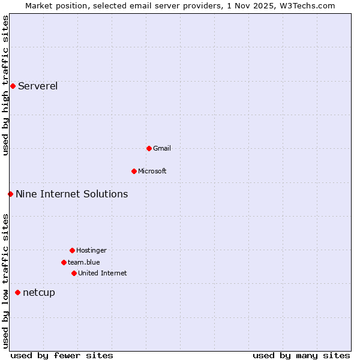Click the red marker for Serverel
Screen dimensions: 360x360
click(13, 86)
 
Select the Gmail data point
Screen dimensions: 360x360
click(149, 148)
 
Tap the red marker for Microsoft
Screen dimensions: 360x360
click(134, 171)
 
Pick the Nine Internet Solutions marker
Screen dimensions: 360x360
click(10, 194)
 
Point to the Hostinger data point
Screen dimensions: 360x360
click(72, 250)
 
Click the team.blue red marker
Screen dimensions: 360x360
click(64, 262)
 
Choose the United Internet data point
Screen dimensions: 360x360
click(74, 273)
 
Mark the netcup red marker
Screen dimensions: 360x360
click(17, 292)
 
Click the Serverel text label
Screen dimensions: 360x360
click(38, 86)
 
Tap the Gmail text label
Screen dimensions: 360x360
click(162, 148)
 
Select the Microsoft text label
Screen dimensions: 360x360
click(152, 171)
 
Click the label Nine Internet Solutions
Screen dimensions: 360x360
click(72, 194)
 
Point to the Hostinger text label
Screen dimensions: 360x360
click(91, 250)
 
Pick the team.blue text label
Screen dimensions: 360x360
click(84, 262)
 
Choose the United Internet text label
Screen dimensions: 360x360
click(103, 273)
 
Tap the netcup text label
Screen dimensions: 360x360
click(39, 292)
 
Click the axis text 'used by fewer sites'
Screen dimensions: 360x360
click(62, 355)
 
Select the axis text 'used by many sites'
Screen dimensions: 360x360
click(301, 355)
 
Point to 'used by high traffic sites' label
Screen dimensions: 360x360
click(5, 85)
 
